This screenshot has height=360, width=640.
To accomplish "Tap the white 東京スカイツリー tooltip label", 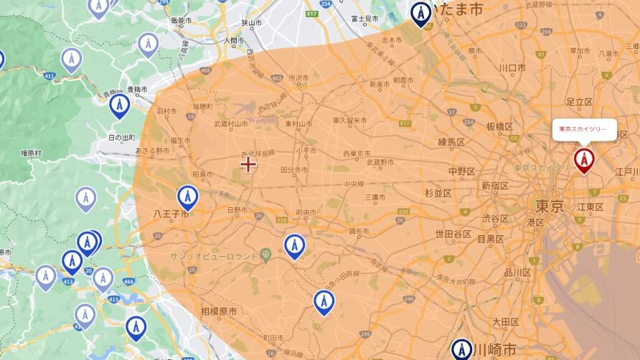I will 583,129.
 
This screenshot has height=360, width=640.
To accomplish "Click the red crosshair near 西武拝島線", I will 248,164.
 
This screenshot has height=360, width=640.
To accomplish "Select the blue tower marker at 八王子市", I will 187,196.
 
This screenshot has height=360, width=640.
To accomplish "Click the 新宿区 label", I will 494,186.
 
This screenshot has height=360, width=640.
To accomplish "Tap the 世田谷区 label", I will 453,234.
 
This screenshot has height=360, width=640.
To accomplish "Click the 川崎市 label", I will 495,351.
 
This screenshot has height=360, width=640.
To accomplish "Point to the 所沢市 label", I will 298,77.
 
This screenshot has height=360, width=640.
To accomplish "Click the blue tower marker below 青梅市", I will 119,105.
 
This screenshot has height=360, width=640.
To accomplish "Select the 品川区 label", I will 517,273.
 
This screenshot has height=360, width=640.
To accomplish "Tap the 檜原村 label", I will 32,153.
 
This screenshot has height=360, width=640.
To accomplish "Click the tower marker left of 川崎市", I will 461,349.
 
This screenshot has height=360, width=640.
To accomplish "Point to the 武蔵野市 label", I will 380,162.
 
